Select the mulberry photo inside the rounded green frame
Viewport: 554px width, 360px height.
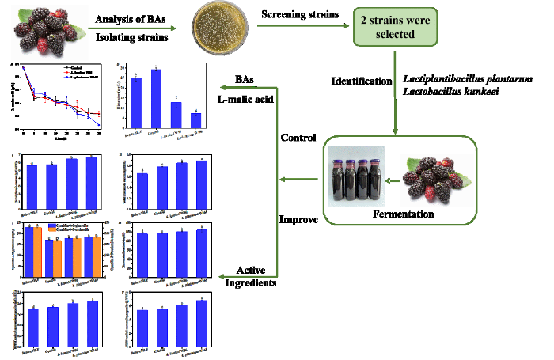coord(437,180)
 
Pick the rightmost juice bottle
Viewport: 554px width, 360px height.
coord(374,181)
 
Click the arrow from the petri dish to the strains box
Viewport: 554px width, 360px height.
coord(304,25)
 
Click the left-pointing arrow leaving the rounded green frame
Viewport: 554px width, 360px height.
coord(300,180)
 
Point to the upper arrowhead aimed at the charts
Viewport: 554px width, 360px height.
coord(223,87)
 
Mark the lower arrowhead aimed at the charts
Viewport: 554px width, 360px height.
coord(223,276)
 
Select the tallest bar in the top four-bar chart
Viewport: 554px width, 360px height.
coord(156,98)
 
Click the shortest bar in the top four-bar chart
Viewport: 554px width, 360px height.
coord(195,120)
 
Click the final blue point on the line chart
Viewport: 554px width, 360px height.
coord(100,125)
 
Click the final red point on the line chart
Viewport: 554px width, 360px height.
coord(100,114)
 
